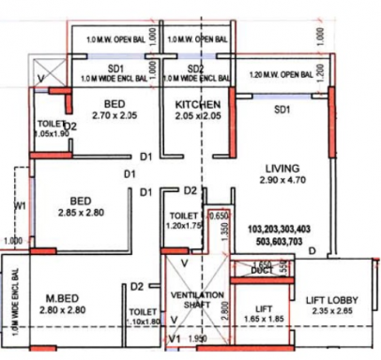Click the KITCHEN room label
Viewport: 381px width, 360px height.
click(198, 103)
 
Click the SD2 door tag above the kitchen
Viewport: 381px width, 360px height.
click(195, 69)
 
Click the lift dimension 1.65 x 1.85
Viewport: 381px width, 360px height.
click(263, 320)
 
